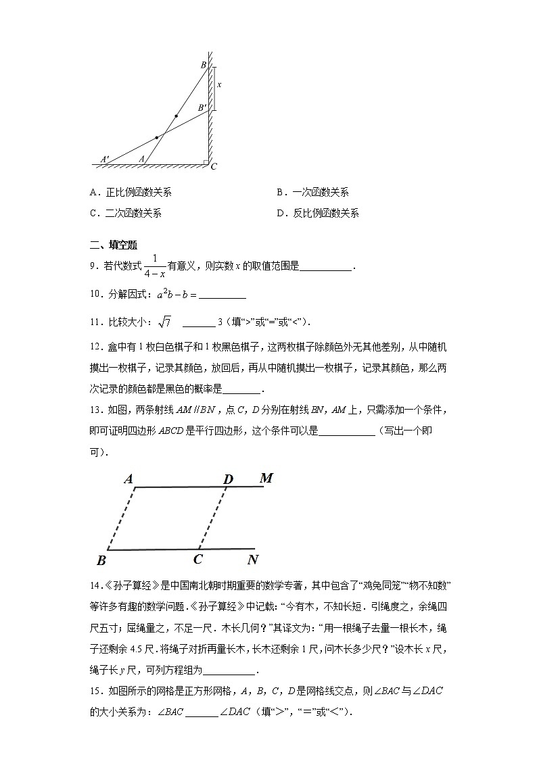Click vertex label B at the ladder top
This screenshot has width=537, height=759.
[203, 65]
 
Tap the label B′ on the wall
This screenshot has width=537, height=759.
[202, 107]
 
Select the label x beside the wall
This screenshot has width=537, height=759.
[219, 85]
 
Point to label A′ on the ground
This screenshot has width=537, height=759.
[105, 159]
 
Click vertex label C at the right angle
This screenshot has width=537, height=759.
[214, 167]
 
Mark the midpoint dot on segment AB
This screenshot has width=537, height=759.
[177, 116]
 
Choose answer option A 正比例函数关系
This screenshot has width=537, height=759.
[131, 193]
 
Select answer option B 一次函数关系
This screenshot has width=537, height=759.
[312, 193]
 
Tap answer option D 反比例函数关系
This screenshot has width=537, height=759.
[317, 214]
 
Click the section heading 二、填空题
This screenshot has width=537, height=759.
[114, 245]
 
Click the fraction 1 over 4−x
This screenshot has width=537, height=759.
[155, 267]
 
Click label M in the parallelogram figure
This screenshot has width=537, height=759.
[266, 479]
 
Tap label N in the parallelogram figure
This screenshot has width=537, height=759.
[253, 560]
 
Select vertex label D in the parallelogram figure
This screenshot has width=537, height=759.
[228, 479]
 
